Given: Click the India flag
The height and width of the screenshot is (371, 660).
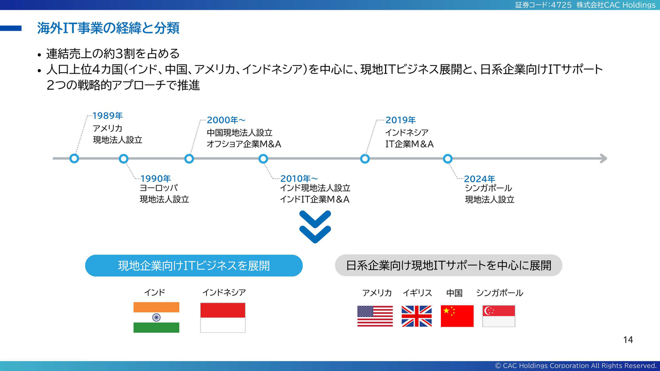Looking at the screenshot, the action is point(156,317).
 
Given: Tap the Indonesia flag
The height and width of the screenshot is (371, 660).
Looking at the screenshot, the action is point(223,318).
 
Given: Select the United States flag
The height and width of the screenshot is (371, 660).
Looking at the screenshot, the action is point(375,316).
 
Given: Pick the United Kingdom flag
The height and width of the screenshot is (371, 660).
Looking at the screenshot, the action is point(417,316).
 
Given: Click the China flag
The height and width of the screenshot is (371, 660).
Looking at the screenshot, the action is point(457,316).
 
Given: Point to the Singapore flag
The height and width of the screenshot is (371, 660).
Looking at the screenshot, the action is point(499,316).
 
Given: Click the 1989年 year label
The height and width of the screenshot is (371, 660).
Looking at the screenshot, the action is point(108,116).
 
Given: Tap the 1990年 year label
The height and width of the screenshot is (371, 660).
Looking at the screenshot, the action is point(156,178).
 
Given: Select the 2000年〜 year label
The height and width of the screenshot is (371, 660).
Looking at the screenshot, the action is point(226,120).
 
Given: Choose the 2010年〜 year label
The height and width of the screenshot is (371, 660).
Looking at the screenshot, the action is point(299,178).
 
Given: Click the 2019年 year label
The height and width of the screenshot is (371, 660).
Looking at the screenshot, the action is point(401,120).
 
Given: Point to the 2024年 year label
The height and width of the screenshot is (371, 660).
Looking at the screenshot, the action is point(480,179).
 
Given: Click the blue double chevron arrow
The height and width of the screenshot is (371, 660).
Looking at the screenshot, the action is point(315,227).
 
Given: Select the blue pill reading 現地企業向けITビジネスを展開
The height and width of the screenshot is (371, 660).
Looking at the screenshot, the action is point(194,265).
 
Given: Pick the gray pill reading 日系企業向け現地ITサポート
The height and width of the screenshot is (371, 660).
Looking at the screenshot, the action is point(449,265).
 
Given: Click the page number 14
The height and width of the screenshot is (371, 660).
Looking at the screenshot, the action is point(628,340).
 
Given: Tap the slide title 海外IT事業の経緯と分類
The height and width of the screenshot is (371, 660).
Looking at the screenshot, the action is point(108,28).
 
